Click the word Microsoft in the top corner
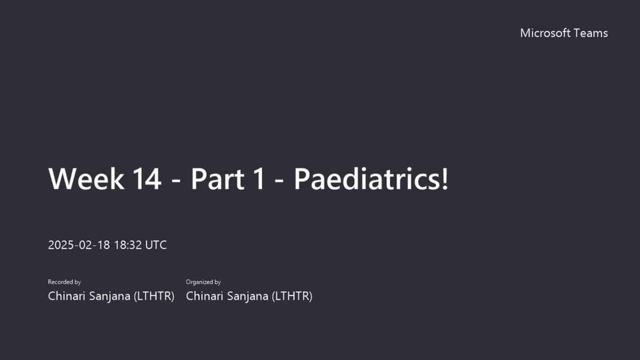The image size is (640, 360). (x=545, y=33)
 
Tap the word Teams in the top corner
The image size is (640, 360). (x=591, y=33)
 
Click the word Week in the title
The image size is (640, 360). (x=86, y=179)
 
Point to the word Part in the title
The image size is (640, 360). (x=218, y=179)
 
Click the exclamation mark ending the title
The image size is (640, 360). (x=445, y=179)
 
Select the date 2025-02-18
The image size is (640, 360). (x=79, y=245)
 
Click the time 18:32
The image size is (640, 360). (x=127, y=245)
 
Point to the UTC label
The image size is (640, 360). (x=156, y=245)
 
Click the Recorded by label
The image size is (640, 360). (x=65, y=282)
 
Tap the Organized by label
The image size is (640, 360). (x=203, y=282)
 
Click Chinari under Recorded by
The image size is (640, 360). (x=67, y=296)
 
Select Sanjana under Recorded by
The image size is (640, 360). (x=110, y=297)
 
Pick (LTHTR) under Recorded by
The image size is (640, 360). (x=154, y=297)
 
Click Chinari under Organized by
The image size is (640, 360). (x=205, y=296)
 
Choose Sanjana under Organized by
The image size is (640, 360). (x=247, y=297)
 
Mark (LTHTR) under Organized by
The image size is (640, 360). (x=292, y=297)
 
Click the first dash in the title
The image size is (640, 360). (x=177, y=181)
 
